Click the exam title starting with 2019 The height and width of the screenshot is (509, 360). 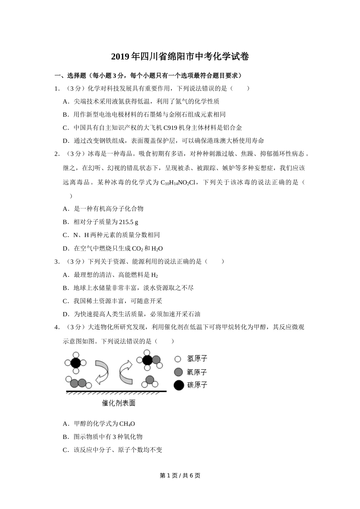[180, 57]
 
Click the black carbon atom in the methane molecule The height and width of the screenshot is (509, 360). [75, 362]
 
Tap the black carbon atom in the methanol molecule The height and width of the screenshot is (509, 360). [147, 360]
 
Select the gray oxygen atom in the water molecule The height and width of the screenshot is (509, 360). [150, 379]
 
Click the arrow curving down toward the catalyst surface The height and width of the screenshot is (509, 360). [101, 372]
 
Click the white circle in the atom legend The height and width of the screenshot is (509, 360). [178, 359]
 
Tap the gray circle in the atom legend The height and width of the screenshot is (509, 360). [178, 372]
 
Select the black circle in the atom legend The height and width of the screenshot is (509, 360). [178, 385]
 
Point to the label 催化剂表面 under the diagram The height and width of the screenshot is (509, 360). [119, 403]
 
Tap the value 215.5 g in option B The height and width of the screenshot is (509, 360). [128, 222]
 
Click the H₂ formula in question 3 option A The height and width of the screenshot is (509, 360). [154, 275]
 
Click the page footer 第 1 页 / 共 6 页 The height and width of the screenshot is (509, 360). [180, 475]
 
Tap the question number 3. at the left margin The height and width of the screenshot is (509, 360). [57, 261]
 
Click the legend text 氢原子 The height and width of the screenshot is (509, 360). [197, 359]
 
